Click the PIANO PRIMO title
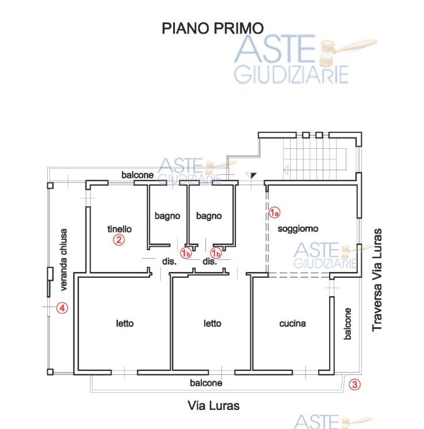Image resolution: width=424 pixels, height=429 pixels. (213, 28)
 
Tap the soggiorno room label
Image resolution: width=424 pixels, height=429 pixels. (298, 229)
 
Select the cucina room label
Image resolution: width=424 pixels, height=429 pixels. (292, 324)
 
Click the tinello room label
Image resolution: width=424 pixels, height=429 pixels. (119, 229)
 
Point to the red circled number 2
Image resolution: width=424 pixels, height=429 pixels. (119, 240)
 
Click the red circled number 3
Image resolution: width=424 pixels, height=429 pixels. (354, 385)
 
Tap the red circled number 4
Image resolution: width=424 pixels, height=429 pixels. (62, 308)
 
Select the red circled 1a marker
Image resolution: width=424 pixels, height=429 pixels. (274, 212)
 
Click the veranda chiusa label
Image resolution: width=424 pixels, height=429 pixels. (63, 260)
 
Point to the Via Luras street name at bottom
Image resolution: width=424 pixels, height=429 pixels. (213, 406)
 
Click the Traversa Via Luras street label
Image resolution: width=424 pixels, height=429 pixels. (377, 280)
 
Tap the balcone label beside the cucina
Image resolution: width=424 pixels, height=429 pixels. (347, 324)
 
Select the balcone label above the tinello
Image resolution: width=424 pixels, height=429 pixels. (137, 175)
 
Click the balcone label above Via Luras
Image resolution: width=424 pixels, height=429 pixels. (206, 383)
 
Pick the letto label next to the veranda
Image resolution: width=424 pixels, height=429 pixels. (125, 323)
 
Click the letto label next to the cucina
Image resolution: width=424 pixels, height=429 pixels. (212, 323)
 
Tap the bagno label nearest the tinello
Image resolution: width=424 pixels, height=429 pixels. (167, 216)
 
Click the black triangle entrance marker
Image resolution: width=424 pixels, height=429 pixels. (252, 175)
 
